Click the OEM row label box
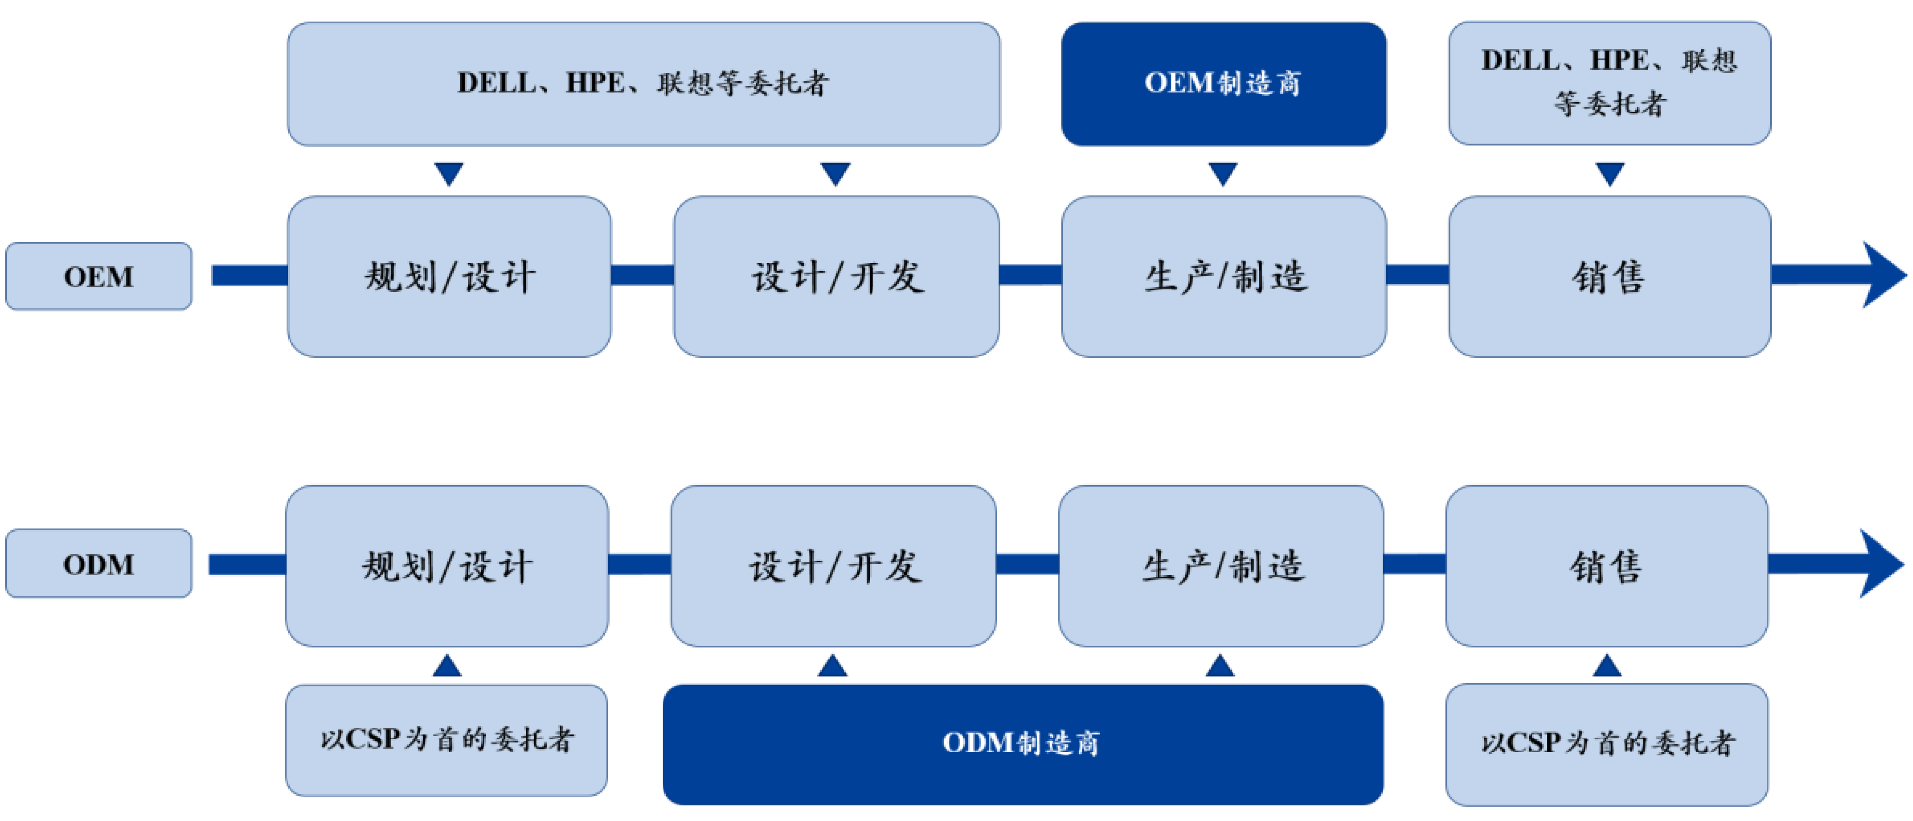click(x=99, y=276)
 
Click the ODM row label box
click(x=99, y=563)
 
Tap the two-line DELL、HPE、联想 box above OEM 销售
click(x=1609, y=83)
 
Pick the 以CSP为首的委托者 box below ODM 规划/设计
click(x=446, y=740)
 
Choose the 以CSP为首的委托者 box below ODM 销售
click(x=1606, y=744)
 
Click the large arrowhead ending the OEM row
click(x=1883, y=275)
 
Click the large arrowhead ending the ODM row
click(x=1880, y=563)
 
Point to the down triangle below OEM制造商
click(x=1223, y=173)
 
